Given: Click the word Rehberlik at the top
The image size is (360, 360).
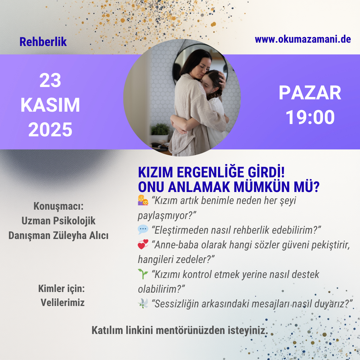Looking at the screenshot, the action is point(43,42).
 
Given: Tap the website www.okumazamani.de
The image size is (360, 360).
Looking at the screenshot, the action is point(303,39).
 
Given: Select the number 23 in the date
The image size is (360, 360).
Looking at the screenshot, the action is point(50,80).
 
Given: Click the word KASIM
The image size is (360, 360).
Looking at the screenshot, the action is point(50,105).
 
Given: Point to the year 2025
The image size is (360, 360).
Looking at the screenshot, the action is point(50,129).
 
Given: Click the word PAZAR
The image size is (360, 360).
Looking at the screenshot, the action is point(310,93).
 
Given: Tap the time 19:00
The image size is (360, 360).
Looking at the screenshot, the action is point(310,117).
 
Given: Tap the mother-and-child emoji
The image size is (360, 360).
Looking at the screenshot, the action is point(143,200).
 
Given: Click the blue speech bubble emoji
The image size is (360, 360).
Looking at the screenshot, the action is point(143,230).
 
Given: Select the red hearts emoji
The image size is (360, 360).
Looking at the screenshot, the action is point(143,244).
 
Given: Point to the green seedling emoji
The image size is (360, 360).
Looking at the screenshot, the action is point(143,274).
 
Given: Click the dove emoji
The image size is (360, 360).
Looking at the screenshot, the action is point(143,303).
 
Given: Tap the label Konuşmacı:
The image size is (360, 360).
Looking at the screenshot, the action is point(59,206).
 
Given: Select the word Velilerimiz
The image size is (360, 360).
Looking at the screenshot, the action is point(62,303).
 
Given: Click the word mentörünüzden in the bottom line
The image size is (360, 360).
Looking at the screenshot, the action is point(190,330).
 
